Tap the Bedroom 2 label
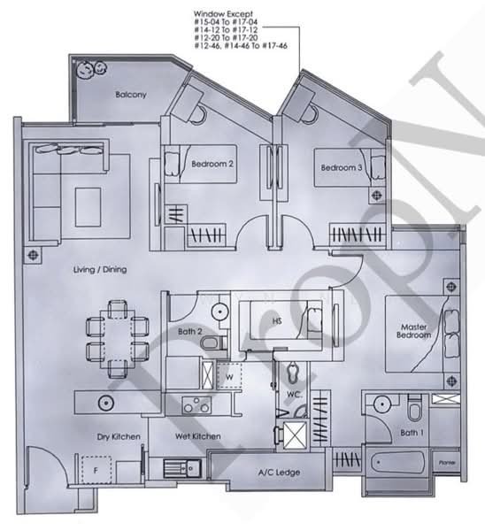(x=213, y=164)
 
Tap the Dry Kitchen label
(x=114, y=437)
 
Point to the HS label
(x=277, y=321)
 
